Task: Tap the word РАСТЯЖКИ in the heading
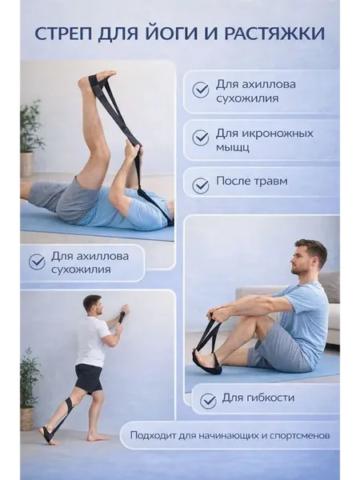[x=274, y=34]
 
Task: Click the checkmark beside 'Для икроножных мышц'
[x=201, y=138]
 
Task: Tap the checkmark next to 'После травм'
[x=201, y=185]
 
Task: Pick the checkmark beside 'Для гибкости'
[x=208, y=401]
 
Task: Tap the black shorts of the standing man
[x=89, y=378]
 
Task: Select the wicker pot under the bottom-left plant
[x=27, y=418]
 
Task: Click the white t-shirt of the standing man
[x=92, y=341]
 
